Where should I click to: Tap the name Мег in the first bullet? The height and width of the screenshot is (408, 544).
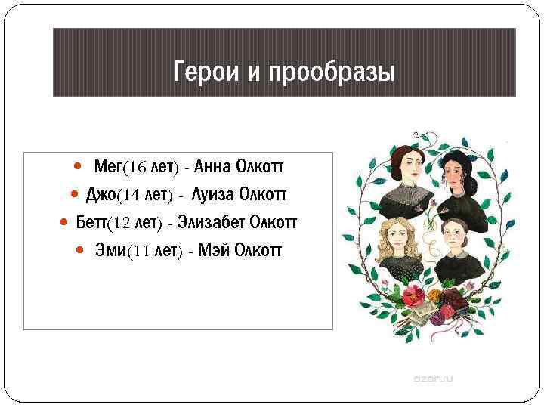[108, 166]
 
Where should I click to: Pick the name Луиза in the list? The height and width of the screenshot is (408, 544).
[213, 194]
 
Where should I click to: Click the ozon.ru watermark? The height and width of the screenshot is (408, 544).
[432, 376]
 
